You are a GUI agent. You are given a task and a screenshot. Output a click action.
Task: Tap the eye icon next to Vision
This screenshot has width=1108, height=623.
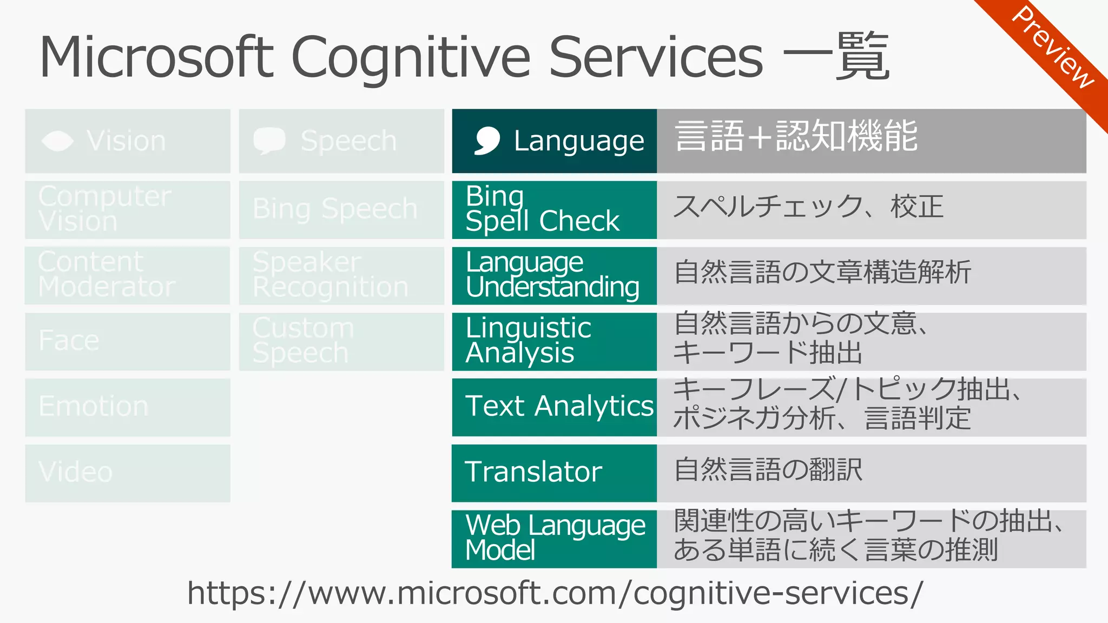click(57, 141)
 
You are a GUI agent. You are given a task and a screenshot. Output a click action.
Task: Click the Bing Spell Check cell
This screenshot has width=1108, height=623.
click(554, 209)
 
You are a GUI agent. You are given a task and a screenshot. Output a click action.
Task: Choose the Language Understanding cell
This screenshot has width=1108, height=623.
click(554, 275)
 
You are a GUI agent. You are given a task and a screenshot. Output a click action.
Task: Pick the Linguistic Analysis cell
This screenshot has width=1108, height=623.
click(554, 341)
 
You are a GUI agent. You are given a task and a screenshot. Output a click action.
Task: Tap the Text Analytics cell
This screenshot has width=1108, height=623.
click(554, 407)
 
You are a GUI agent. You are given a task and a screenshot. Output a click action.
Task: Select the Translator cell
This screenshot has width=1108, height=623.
click(554, 473)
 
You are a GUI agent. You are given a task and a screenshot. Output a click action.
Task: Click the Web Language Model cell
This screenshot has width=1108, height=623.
click(554, 539)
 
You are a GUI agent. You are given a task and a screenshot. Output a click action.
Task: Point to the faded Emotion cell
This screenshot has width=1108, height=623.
click(128, 407)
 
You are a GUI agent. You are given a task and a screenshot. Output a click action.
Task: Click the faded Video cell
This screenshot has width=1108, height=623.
click(128, 473)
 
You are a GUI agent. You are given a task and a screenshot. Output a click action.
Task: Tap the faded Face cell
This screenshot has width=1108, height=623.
click(128, 341)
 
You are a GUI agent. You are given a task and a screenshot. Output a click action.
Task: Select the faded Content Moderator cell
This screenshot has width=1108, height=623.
click(128, 275)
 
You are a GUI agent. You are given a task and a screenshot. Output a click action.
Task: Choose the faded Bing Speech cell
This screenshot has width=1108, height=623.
click(341, 209)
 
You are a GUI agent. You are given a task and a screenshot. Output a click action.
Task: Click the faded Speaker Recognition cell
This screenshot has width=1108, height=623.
click(341, 275)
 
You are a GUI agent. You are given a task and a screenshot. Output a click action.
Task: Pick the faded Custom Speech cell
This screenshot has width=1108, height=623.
click(341, 341)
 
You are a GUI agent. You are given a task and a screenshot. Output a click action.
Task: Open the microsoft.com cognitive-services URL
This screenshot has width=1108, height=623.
click(555, 593)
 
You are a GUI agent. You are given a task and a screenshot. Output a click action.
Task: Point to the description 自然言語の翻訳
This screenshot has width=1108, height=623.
click(768, 469)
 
